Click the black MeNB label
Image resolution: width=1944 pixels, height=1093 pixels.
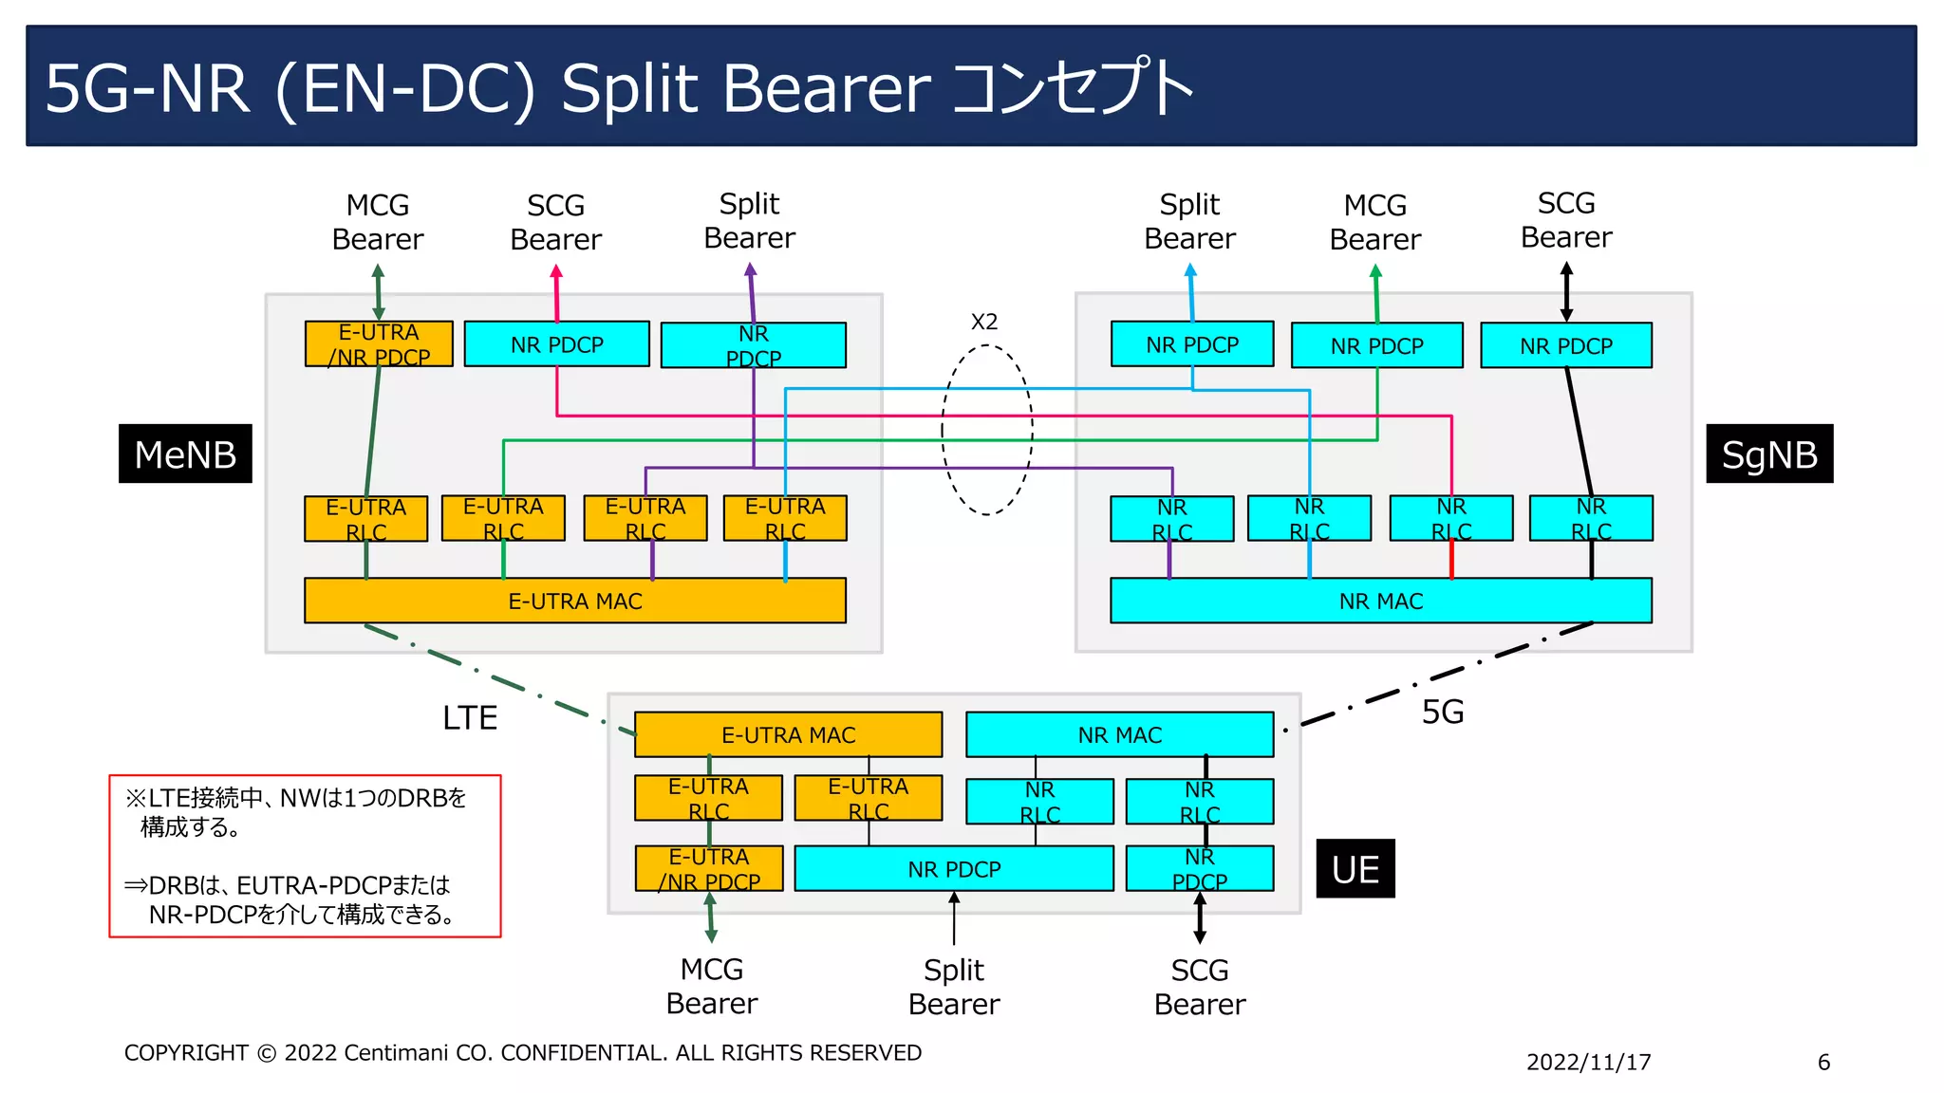[185, 454]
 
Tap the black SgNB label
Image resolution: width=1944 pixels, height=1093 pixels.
[1769, 454]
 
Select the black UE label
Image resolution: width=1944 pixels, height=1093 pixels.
[1355, 868]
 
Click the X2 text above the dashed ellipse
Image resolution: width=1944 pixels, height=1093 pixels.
[984, 322]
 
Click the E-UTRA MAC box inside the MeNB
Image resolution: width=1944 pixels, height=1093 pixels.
[574, 601]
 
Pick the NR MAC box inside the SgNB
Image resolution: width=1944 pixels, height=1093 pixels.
[1380, 601]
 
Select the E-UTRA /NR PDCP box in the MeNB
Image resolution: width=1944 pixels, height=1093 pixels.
[378, 343]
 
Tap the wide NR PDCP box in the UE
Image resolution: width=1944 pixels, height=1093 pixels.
[953, 868]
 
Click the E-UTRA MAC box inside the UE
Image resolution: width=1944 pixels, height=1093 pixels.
[788, 734]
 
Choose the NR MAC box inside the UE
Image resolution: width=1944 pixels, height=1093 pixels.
[1119, 734]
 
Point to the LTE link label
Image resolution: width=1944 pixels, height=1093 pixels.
[470, 717]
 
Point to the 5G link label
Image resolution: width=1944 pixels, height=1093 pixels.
[1442, 712]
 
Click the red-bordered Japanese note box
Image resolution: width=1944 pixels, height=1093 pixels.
[305, 856]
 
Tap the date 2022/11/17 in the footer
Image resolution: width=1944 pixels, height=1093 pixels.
[1588, 1062]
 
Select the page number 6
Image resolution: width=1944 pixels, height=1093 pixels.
[1823, 1062]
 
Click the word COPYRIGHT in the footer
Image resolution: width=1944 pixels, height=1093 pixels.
[186, 1052]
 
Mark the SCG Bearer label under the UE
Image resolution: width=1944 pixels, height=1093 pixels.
[1199, 987]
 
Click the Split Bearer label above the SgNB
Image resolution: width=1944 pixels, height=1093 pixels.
[1189, 221]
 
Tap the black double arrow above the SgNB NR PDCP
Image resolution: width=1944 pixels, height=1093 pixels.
[1566, 291]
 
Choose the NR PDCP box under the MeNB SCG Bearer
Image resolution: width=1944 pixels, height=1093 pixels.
[556, 344]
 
